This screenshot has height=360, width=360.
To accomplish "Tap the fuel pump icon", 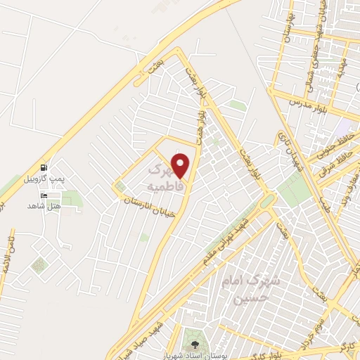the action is tap(45, 168).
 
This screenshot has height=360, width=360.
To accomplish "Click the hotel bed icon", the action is tap(45, 195).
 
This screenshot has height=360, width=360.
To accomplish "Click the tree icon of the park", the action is tap(195, 345).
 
